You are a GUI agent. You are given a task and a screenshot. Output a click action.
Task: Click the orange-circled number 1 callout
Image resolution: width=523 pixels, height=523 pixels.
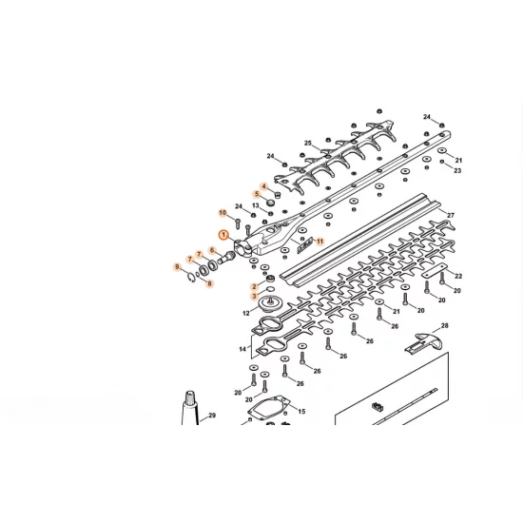point(223,234)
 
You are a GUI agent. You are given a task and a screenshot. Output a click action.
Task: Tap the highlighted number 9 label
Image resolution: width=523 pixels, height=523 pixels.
point(177,267)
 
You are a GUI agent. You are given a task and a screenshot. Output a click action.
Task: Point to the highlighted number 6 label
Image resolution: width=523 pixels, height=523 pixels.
point(213,250)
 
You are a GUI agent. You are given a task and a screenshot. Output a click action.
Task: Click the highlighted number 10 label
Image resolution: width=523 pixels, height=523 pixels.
point(223,212)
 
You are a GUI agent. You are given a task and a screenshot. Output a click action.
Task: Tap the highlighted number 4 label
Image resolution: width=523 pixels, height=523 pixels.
point(263,185)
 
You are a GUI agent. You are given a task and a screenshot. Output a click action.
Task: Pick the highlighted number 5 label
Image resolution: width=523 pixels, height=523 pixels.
point(256,194)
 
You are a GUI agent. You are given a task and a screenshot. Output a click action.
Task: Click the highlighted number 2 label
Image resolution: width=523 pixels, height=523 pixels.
point(254,286)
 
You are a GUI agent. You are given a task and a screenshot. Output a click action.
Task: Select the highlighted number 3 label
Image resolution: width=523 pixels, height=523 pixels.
point(254,297)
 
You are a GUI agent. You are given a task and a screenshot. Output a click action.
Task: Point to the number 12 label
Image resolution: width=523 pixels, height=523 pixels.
point(245,313)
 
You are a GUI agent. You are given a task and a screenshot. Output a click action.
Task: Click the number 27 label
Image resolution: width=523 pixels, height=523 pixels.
point(451,216)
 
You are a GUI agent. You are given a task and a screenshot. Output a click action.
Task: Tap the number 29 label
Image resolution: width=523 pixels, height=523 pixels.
point(212,416)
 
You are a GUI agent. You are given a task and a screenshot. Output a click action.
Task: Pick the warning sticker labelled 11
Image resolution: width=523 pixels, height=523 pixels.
point(303,245)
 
